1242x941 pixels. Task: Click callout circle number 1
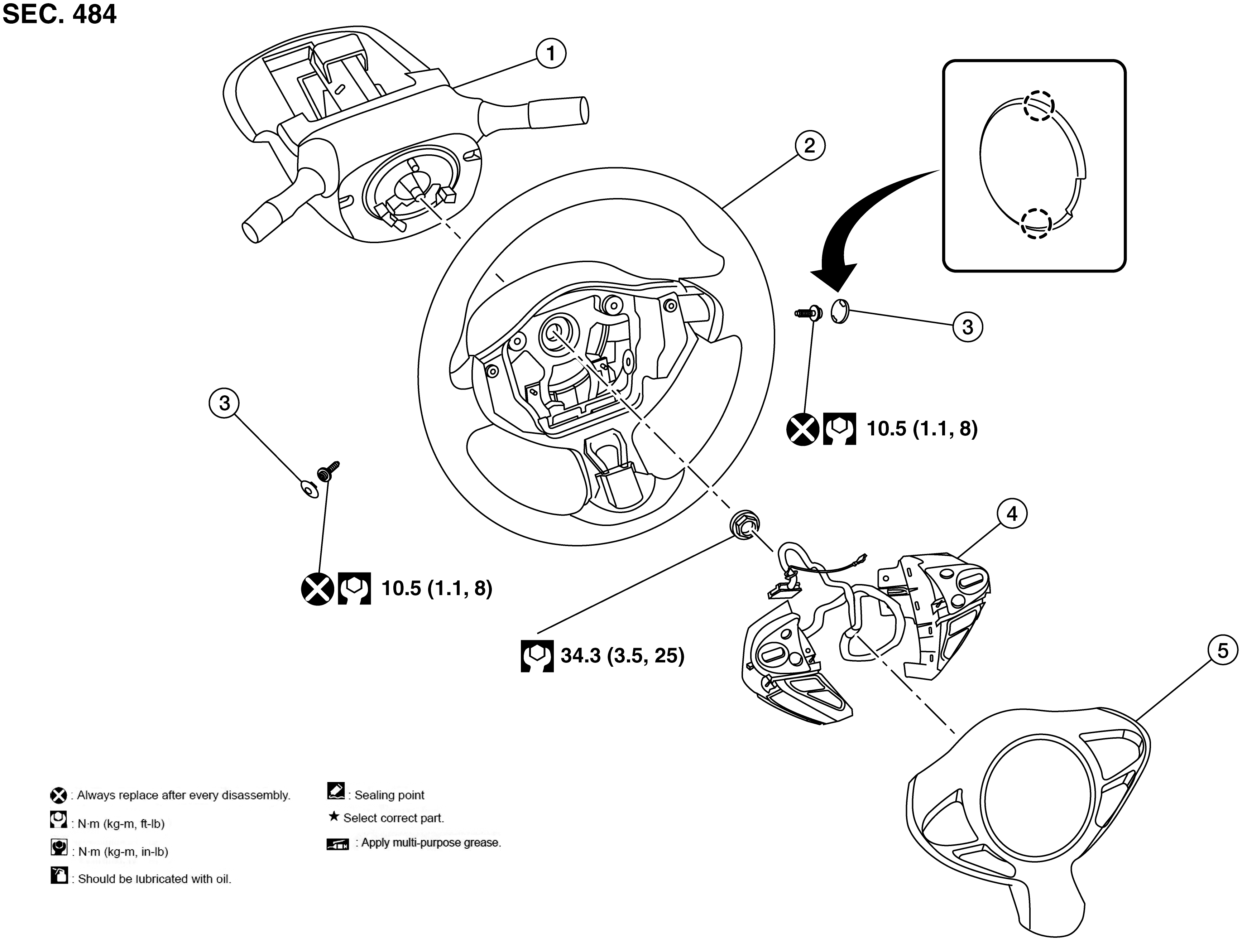(x=550, y=53)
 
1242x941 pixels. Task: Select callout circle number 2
(x=809, y=145)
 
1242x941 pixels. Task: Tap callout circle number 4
(x=1012, y=513)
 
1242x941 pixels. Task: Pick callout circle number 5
(x=1222, y=651)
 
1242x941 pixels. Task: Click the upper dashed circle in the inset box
(x=1038, y=106)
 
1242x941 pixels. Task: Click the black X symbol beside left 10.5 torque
(x=317, y=589)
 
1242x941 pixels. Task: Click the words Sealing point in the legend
(x=389, y=795)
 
